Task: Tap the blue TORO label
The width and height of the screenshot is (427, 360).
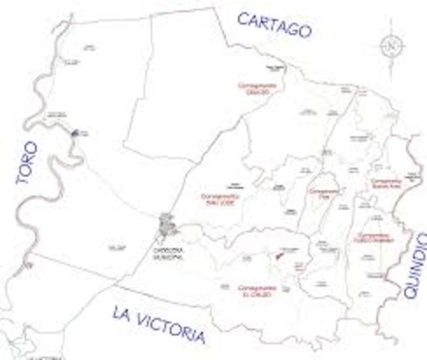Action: point(27,162)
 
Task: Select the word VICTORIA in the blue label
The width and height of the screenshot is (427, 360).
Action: point(172,328)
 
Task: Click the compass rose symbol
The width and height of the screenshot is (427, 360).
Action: point(392,46)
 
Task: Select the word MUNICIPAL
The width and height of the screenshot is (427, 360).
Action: point(168,257)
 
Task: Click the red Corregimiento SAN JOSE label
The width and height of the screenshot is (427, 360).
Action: point(219,199)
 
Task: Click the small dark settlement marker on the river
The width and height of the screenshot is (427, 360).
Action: point(74,133)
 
